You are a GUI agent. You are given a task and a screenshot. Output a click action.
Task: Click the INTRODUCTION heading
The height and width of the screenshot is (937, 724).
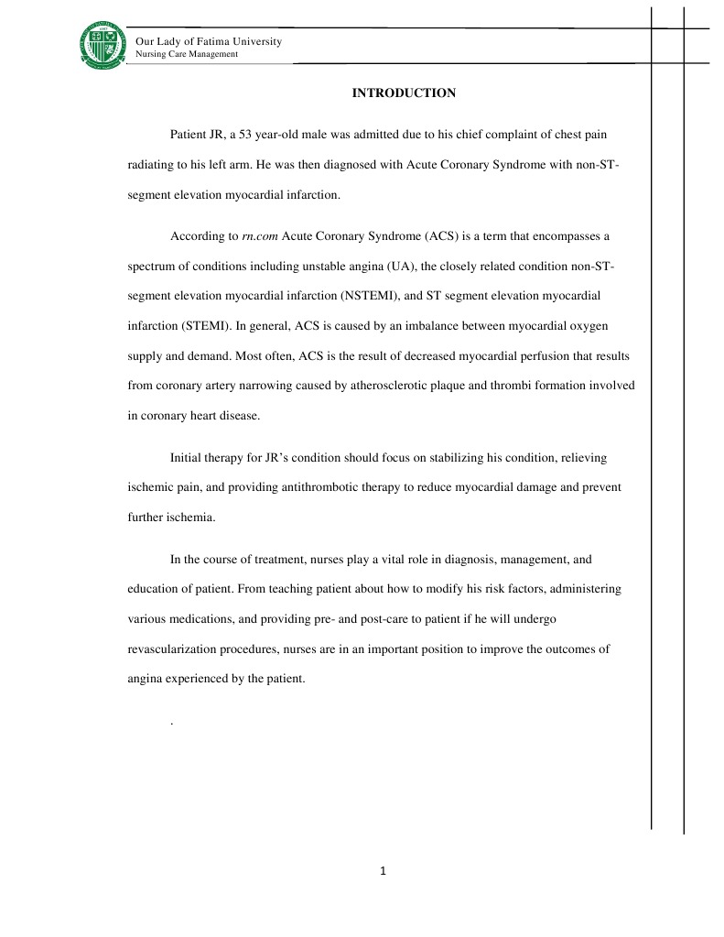click(404, 93)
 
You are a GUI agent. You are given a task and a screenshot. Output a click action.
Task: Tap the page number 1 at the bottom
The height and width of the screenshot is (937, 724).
click(384, 871)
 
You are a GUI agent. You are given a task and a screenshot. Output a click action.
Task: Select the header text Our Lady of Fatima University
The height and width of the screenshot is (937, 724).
click(209, 42)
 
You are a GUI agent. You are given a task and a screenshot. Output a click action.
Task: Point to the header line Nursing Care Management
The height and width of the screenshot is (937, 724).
click(187, 55)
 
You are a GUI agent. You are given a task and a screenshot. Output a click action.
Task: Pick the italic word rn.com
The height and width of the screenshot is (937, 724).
click(260, 235)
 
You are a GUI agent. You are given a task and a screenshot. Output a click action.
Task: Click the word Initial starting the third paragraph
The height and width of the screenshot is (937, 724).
click(189, 457)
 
